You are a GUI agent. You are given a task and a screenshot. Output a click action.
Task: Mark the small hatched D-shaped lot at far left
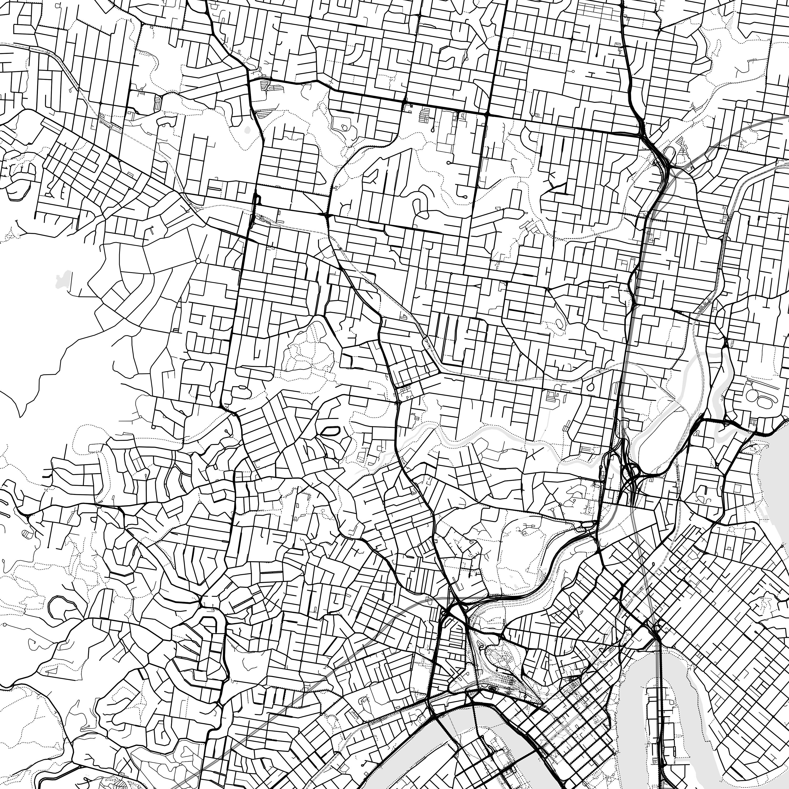tap(27, 533)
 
